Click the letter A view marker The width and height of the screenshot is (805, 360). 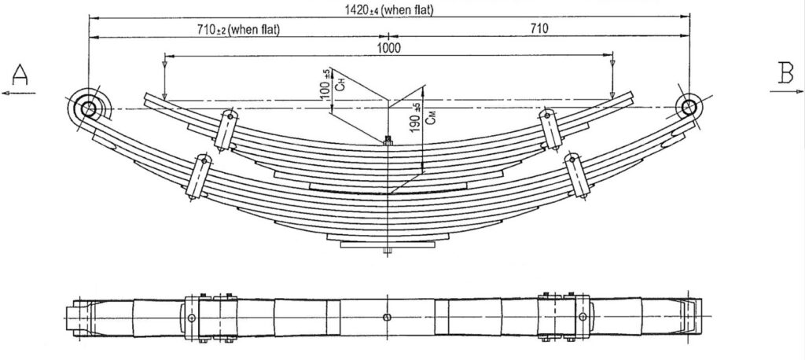pos(20,75)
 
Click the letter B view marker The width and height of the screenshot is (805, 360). pos(786,73)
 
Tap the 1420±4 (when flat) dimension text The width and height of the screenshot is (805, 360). pos(388,9)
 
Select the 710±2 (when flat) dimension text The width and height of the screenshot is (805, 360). pos(238,29)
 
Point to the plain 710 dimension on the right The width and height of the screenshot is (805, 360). pos(539,29)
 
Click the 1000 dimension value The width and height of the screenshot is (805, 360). pos(388,48)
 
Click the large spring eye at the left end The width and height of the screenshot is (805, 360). pos(88,108)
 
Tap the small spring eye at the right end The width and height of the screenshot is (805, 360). pos(689,108)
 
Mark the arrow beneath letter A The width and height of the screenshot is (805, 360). pos(19,93)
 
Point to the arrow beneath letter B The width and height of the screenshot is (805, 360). pos(786,91)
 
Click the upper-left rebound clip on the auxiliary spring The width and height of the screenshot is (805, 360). pos(226,130)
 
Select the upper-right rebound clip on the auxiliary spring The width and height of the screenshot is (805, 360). pos(549,130)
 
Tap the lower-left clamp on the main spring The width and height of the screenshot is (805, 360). pos(199,176)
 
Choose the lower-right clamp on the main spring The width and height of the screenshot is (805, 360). pos(577,175)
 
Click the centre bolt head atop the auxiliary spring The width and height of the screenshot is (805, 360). pos(388,140)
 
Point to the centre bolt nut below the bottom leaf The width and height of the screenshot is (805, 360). pos(388,251)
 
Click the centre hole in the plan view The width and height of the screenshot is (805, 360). pos(387,317)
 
